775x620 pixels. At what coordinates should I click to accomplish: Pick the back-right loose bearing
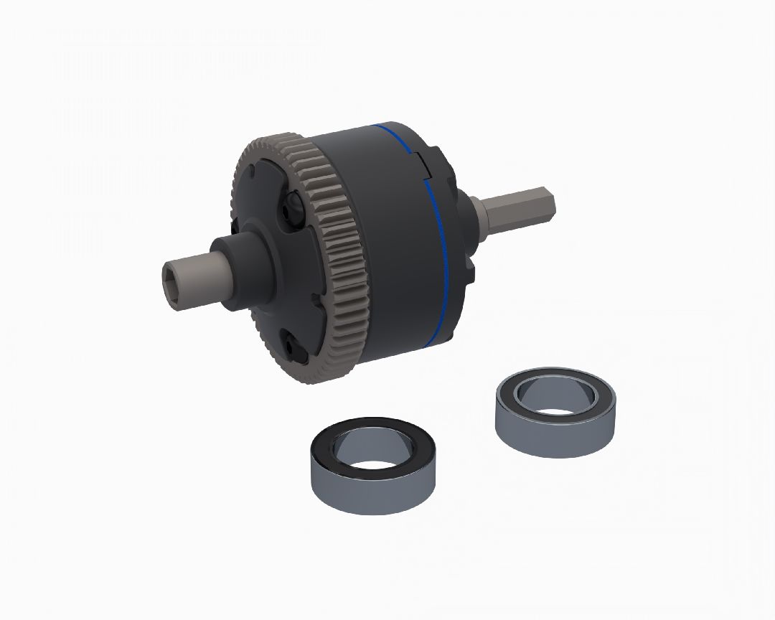pyautogui.click(x=555, y=412)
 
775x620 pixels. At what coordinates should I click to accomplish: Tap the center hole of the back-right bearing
pyautogui.click(x=555, y=397)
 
